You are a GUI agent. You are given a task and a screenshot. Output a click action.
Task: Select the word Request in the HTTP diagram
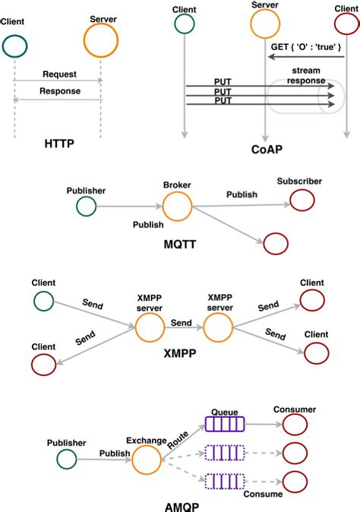pos(58,74)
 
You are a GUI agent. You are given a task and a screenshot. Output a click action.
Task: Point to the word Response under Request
pos(58,90)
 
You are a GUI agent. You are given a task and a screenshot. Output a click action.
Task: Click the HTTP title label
pos(58,142)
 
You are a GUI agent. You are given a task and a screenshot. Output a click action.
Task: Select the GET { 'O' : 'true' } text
pos(307,47)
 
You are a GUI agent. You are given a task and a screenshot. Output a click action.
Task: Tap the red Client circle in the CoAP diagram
pos(346,24)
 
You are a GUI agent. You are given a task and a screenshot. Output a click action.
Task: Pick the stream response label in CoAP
pos(307,76)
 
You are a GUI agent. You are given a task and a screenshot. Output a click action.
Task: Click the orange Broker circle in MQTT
pos(178,206)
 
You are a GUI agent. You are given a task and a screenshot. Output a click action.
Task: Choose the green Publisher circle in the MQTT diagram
pos(86,206)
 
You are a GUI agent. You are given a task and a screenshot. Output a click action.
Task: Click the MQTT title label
pos(180,243)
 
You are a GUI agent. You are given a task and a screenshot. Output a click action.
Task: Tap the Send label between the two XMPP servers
pos(181,324)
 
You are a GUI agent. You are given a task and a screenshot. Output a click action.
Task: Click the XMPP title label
pos(180,354)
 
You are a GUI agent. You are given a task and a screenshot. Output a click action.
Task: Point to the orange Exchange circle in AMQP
pos(146,460)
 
